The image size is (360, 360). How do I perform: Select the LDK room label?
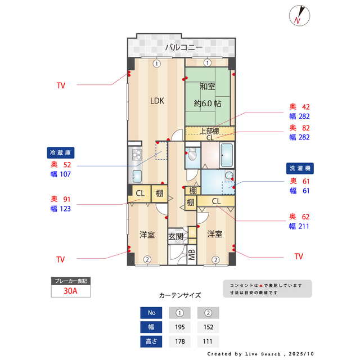pyautogui.click(x=156, y=101)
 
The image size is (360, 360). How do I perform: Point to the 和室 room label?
pyautogui.click(x=207, y=87)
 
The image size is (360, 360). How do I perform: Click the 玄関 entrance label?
pyautogui.click(x=175, y=236)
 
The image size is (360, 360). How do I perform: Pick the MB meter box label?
pyautogui.click(x=192, y=254)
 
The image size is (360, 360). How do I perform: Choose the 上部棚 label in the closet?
pyautogui.click(x=209, y=130)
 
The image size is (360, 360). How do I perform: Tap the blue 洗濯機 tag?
pyautogui.click(x=300, y=168)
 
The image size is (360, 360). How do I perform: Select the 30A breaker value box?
pyautogui.click(x=70, y=291)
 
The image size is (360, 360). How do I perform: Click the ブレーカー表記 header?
pyautogui.click(x=70, y=280)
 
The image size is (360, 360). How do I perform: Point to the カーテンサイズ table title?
pyautogui.click(x=179, y=295)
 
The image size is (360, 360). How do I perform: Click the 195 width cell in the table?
pyautogui.click(x=179, y=327)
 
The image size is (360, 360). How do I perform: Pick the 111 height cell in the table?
pyautogui.click(x=208, y=341)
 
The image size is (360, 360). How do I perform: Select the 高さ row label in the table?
pyautogui.click(x=150, y=341)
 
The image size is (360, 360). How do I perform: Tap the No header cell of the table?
pyautogui.click(x=150, y=313)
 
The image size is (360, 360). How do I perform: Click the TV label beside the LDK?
pyautogui.click(x=61, y=85)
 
